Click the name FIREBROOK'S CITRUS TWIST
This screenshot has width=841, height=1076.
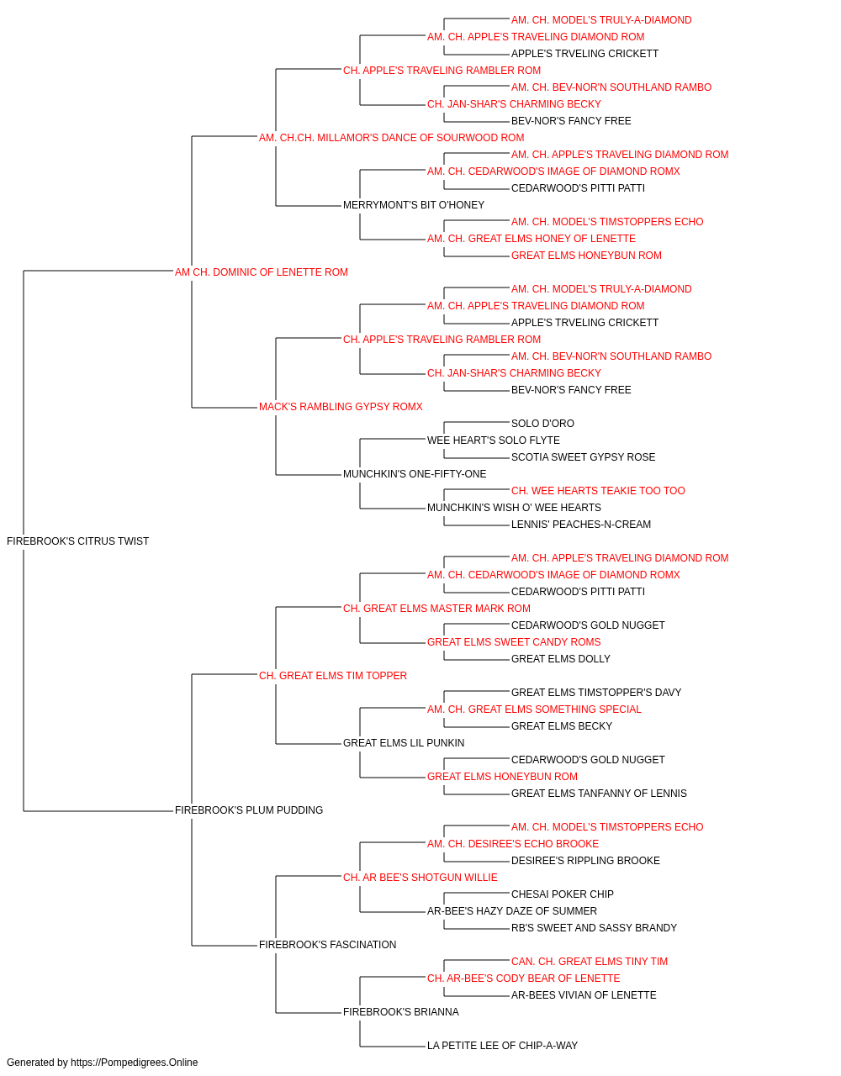tap(77, 541)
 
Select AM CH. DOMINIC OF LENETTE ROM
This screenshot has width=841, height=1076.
tap(262, 272)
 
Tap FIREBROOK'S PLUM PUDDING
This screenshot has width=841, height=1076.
tap(249, 810)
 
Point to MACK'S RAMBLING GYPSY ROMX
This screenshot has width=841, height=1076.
tap(341, 407)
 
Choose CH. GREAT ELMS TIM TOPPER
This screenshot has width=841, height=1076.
tap(333, 676)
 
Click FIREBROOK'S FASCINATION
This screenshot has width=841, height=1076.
tap(327, 945)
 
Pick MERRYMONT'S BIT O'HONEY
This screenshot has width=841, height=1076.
tap(414, 205)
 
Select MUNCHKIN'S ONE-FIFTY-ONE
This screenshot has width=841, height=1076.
tap(415, 474)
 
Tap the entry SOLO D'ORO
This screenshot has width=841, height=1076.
tap(542, 424)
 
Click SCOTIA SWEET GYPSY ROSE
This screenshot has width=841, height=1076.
tap(583, 457)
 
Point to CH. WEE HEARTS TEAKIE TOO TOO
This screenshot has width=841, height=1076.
tap(598, 491)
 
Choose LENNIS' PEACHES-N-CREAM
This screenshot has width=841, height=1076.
tap(581, 525)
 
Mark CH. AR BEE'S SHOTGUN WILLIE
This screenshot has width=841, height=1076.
tap(420, 878)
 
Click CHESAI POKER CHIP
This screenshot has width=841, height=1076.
tap(562, 894)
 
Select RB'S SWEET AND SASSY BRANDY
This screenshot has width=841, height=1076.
tap(594, 928)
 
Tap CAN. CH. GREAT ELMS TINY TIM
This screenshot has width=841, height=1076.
tap(590, 962)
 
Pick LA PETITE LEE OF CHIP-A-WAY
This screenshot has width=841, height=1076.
tap(502, 1046)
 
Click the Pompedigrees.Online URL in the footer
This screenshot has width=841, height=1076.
tap(134, 1063)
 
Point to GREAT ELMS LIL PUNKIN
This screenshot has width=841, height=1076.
tap(404, 743)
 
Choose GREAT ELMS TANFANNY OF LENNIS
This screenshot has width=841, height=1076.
tap(599, 794)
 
